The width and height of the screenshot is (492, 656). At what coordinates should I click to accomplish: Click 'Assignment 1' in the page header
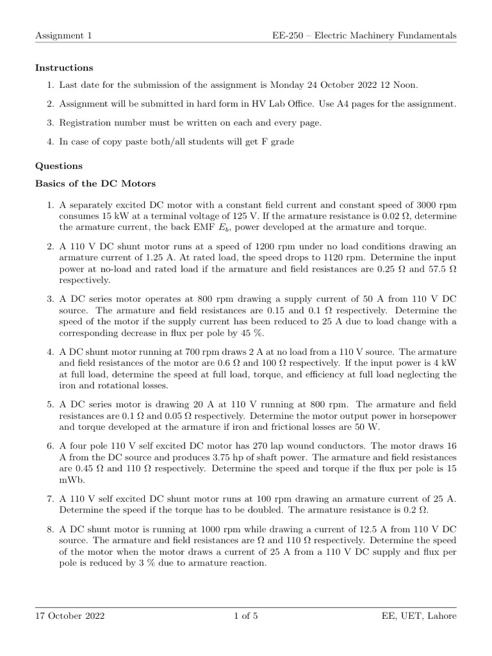coord(63,36)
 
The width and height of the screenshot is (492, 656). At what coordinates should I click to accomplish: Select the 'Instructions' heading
coord(63,67)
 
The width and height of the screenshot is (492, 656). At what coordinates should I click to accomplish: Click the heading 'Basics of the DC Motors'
coord(95,183)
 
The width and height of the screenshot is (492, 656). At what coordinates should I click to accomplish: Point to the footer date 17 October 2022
coord(70,616)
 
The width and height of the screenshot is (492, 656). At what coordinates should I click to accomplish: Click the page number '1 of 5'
coord(246,616)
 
